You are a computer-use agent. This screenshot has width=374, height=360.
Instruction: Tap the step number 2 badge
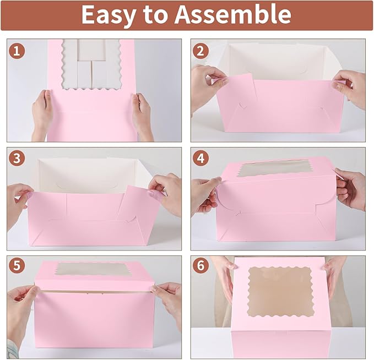click(x=202, y=51)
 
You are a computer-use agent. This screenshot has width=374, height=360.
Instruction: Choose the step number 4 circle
click(x=202, y=159)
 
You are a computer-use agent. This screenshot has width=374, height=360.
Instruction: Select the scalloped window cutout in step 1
click(x=91, y=63)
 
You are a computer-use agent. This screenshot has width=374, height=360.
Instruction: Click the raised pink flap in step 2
click(x=240, y=89)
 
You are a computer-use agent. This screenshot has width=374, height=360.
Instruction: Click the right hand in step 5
click(x=167, y=300)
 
